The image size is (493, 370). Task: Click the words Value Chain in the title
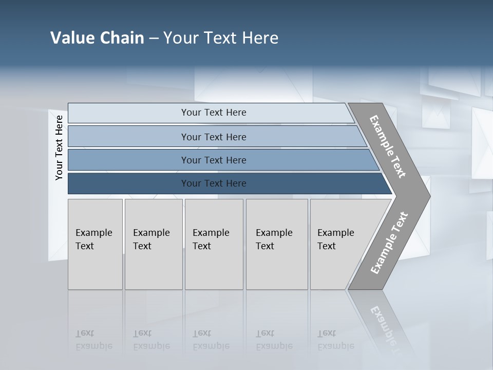pyautogui.click(x=97, y=38)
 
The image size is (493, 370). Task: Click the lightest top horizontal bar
pyautogui.click(x=128, y=113)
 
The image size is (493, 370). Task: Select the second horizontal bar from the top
pyautogui.click(x=128, y=137)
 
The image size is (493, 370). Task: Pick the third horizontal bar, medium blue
pyautogui.click(x=128, y=160)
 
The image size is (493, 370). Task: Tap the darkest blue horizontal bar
pyautogui.click(x=128, y=183)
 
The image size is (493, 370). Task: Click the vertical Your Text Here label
pyautogui.click(x=59, y=147)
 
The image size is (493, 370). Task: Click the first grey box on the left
pyautogui.click(x=95, y=267)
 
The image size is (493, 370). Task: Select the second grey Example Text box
pyautogui.click(x=154, y=267)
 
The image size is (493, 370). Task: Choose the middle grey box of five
pyautogui.click(x=214, y=267)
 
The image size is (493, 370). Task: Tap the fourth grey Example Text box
pyautogui.click(x=277, y=267)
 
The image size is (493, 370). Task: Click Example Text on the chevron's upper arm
pyautogui.click(x=388, y=146)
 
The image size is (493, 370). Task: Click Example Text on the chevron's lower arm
pyautogui.click(x=389, y=243)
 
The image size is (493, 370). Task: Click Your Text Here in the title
pyautogui.click(x=221, y=38)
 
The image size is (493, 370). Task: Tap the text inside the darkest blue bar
pyautogui.click(x=214, y=183)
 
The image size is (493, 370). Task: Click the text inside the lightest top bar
pyautogui.click(x=214, y=113)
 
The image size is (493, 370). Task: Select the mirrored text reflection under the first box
pyautogui.click(x=93, y=340)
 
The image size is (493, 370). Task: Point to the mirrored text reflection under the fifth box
pyautogui.click(x=335, y=340)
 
